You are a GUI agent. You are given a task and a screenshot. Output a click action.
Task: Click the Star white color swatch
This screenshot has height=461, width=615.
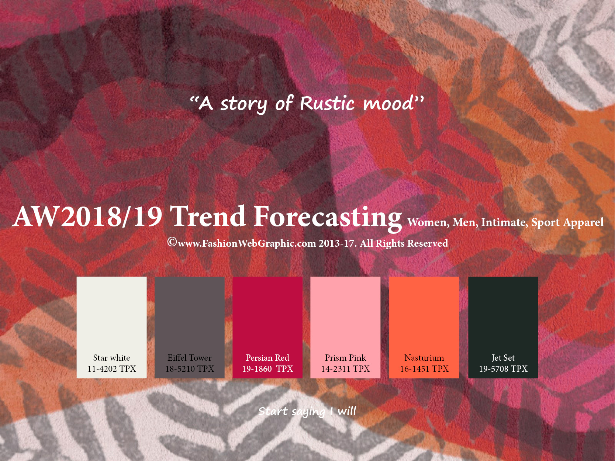(x=111, y=327)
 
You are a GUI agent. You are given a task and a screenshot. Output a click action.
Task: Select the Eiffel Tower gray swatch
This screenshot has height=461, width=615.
(x=189, y=327)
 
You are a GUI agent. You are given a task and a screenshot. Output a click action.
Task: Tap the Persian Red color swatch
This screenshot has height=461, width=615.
(x=267, y=327)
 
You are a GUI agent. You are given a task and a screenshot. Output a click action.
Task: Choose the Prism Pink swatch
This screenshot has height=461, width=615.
(x=345, y=327)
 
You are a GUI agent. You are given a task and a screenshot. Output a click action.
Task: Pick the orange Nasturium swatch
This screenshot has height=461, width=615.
(x=424, y=327)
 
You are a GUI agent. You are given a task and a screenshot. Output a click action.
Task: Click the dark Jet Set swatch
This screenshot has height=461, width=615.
(x=503, y=327)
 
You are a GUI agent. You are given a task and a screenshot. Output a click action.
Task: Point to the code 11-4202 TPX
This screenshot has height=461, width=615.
(x=112, y=369)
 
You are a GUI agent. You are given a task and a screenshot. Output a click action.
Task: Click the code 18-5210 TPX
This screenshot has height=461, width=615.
(x=190, y=369)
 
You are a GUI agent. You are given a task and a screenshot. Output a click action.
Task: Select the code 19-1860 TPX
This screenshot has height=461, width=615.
(x=267, y=369)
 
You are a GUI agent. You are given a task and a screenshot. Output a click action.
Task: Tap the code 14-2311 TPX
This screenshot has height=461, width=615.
(x=345, y=369)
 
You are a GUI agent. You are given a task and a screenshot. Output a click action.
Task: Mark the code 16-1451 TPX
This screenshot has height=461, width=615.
(x=424, y=369)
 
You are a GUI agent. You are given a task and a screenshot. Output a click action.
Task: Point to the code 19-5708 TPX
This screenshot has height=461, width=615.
(x=503, y=369)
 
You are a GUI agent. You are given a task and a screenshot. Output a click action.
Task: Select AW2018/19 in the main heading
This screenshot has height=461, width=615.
(x=87, y=216)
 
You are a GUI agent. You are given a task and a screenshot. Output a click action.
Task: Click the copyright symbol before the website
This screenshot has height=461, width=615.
(x=172, y=242)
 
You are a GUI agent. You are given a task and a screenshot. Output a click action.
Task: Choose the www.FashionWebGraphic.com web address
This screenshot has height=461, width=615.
(x=247, y=243)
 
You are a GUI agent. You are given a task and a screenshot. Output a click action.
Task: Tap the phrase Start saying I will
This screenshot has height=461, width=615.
(x=307, y=412)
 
